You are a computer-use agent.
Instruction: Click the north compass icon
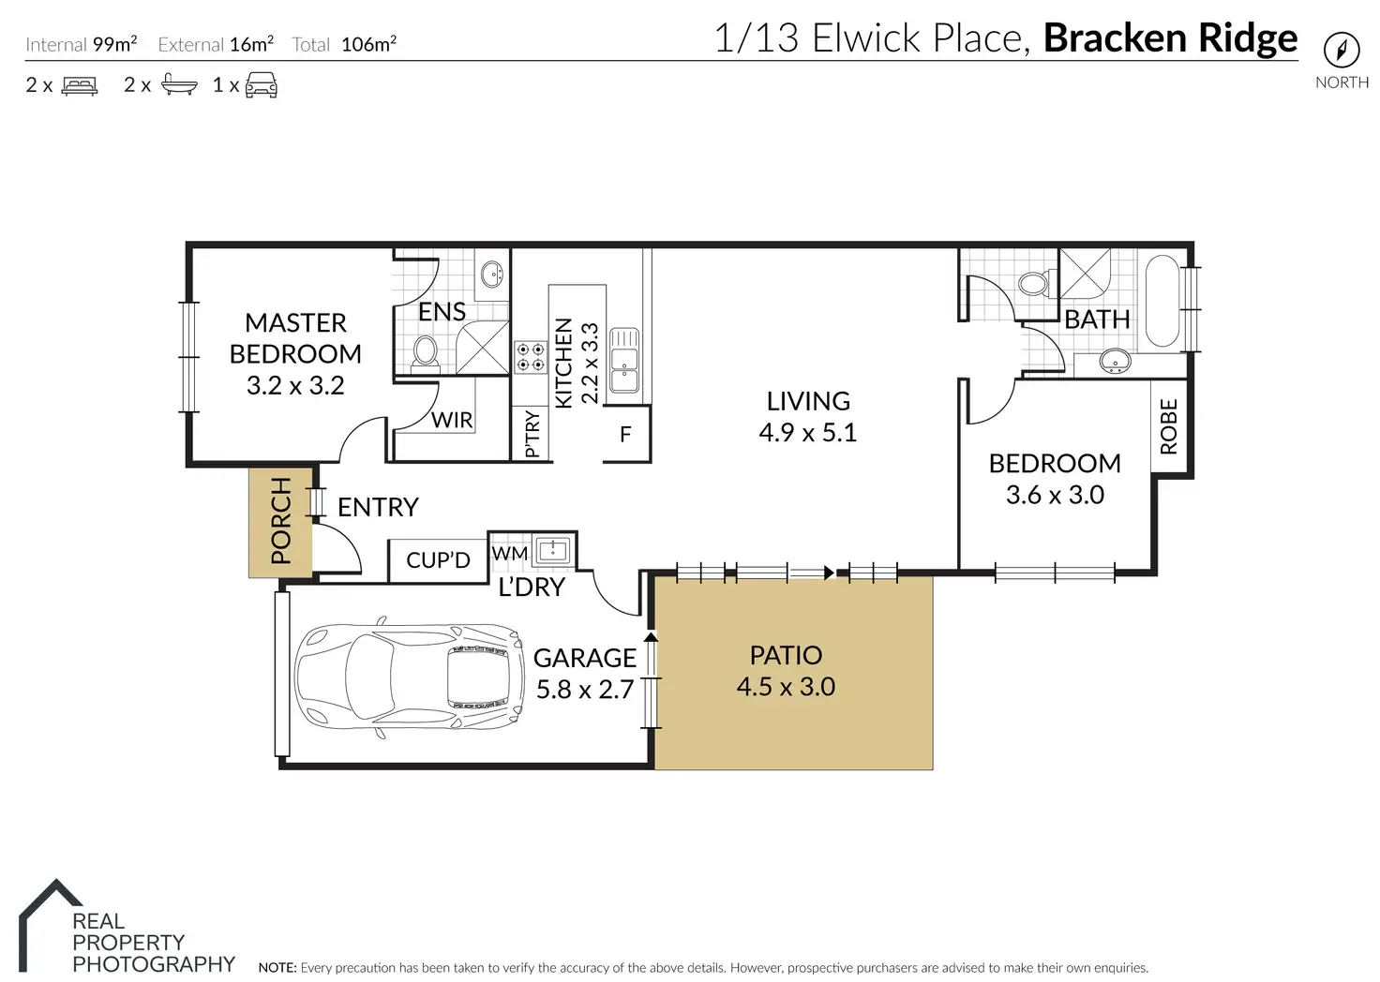(1342, 50)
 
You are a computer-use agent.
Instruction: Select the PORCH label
(281, 521)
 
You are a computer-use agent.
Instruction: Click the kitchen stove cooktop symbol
(531, 357)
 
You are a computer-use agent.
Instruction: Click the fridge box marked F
(626, 434)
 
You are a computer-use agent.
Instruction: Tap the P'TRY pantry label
(532, 434)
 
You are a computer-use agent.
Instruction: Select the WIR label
(452, 420)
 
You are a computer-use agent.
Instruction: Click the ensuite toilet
(425, 351)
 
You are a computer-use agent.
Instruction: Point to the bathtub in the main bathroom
(1162, 301)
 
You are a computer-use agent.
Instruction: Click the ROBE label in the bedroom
(1169, 426)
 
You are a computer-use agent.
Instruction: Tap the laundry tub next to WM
(552, 550)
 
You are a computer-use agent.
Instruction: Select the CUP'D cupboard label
(438, 560)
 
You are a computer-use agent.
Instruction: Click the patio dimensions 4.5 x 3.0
(787, 687)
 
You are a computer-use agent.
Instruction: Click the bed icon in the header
(80, 85)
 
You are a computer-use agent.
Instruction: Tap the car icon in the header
(262, 85)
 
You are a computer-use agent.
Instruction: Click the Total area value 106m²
(369, 44)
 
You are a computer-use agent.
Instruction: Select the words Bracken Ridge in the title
(1171, 38)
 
